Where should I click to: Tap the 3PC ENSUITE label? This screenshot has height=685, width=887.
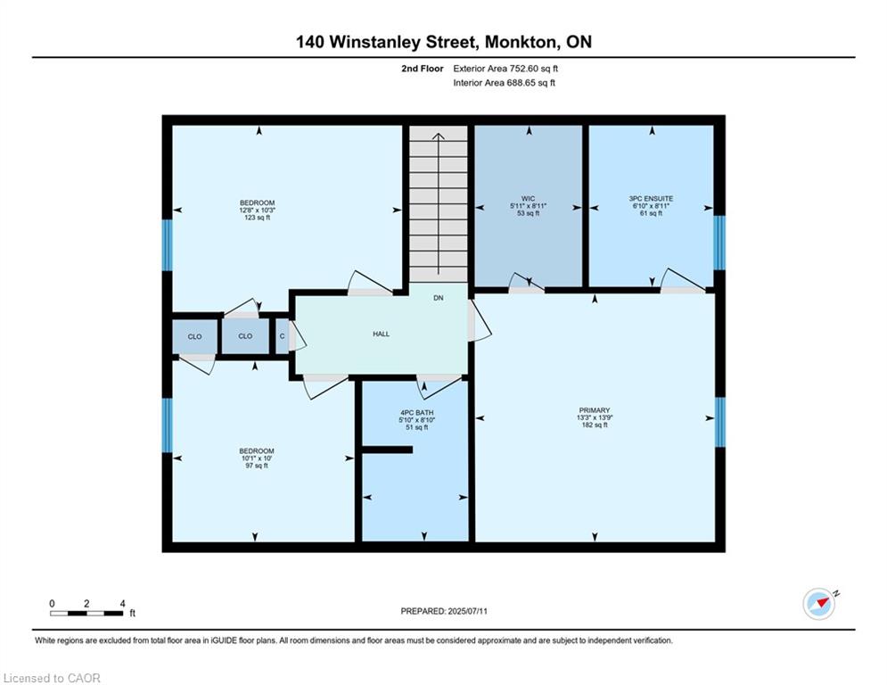point(651,197)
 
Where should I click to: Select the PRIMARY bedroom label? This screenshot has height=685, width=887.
point(594,410)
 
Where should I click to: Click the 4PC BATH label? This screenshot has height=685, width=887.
point(416,412)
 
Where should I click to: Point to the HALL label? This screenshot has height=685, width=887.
point(381,334)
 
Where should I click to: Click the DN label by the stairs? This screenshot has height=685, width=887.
point(438,298)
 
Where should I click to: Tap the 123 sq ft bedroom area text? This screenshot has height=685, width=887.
point(257,218)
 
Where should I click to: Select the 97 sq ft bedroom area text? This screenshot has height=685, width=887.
point(257,466)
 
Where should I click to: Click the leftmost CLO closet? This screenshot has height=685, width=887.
point(194,336)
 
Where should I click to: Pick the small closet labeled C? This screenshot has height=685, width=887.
point(282,336)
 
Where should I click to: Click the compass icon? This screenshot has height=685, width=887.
point(818,604)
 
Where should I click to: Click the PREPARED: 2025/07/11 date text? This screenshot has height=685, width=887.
point(443,611)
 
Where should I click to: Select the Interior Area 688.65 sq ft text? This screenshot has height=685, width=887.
point(505,83)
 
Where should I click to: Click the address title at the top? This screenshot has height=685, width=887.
point(443,41)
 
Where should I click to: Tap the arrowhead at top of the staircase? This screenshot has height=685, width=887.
point(438,136)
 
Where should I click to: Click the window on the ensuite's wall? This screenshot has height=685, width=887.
point(719,242)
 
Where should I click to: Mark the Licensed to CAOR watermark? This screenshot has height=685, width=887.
point(53,678)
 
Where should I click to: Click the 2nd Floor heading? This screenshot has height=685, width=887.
point(422,68)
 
